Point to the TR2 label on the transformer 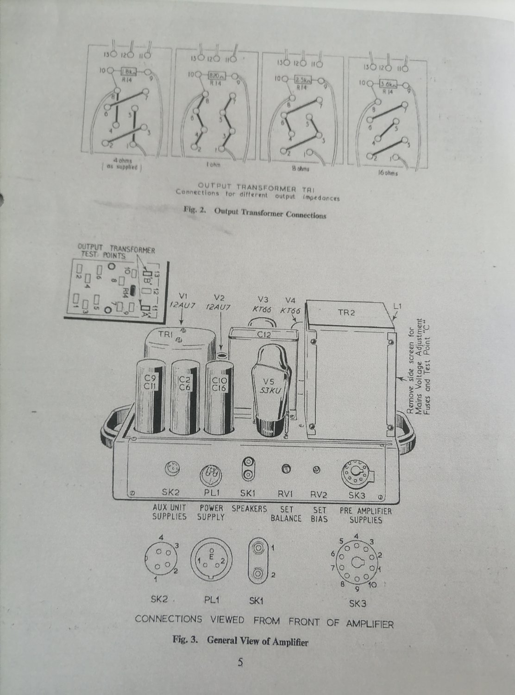346,313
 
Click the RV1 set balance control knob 286,470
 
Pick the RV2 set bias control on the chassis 317,470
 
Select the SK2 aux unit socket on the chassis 172,469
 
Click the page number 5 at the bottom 240,663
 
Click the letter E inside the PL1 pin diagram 212,556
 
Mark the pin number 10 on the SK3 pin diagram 373,585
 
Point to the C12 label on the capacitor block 264,335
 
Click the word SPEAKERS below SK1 249,509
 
